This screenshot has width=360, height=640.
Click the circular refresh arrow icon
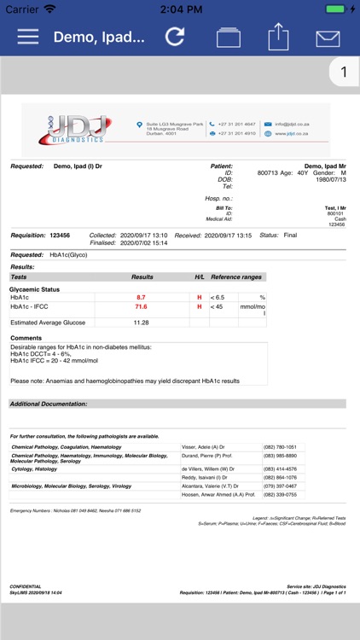pos(175,37)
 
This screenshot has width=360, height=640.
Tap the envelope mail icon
pos(328,38)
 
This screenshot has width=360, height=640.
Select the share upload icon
pos(278,37)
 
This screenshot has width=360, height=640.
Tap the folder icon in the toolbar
pos(228,38)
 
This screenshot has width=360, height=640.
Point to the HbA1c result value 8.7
pos(142,296)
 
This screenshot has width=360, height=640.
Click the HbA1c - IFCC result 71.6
pos(142,306)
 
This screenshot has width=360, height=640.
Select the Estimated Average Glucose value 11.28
pos(142,323)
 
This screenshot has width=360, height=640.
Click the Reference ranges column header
pos(236,277)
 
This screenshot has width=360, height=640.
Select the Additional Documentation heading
pos(49,404)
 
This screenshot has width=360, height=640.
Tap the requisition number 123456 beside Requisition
pos(60,235)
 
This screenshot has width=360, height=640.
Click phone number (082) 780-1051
pos(281,447)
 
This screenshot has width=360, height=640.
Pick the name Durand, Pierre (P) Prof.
pos(207,457)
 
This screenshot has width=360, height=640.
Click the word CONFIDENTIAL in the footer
pos(26,587)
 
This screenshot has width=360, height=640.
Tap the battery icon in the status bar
pos(335,9)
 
